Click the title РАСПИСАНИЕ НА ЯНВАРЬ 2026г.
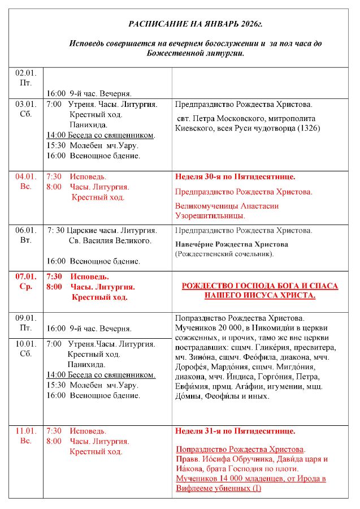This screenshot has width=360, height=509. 196,24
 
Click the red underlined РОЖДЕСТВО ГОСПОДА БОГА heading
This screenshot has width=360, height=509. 259,291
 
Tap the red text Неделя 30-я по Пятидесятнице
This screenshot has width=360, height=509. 235,177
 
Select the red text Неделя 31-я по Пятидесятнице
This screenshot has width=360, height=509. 235,432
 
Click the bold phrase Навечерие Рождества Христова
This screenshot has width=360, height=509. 232,244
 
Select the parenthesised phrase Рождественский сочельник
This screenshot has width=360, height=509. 224,254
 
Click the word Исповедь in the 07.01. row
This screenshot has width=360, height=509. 89,277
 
